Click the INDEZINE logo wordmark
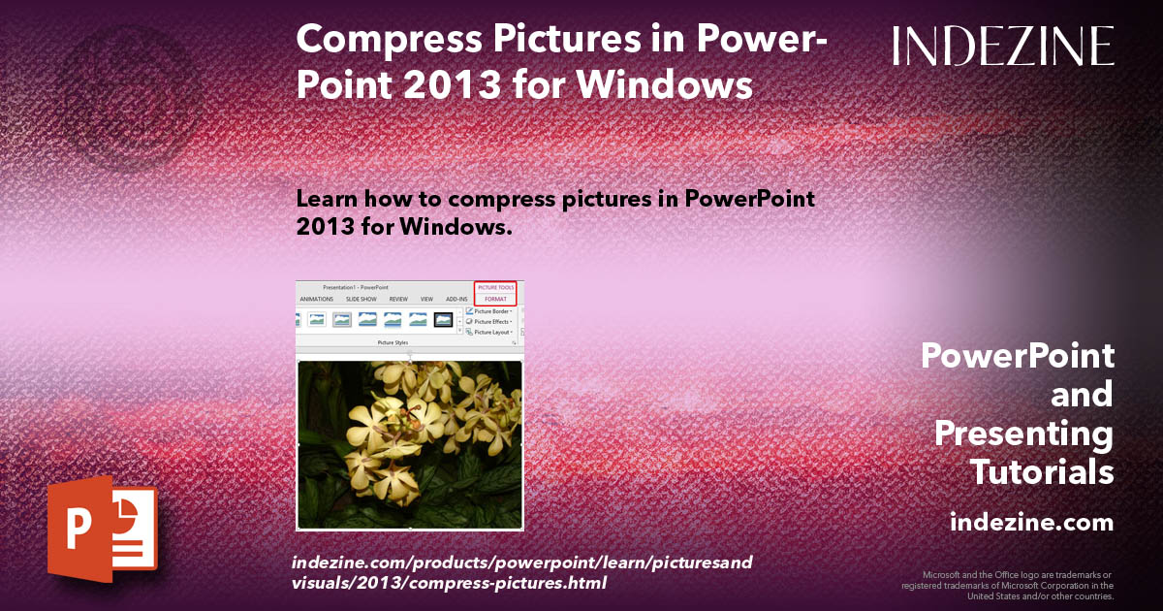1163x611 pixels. click(x=1003, y=46)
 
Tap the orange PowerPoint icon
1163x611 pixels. click(x=102, y=530)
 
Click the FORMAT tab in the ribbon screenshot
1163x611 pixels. click(x=495, y=300)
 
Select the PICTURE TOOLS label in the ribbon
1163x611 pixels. click(x=495, y=287)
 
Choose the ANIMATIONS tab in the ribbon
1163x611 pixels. click(x=317, y=300)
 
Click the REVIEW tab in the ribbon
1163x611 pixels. click(x=398, y=300)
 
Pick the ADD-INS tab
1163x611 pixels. click(x=456, y=300)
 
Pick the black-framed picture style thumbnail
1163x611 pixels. click(x=443, y=319)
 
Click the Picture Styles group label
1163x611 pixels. click(x=393, y=342)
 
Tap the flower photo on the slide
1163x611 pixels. click(x=409, y=444)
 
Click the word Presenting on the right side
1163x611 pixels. click(x=1023, y=434)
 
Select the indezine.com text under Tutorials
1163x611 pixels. click(x=1031, y=523)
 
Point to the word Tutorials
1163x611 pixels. click(x=1042, y=472)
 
